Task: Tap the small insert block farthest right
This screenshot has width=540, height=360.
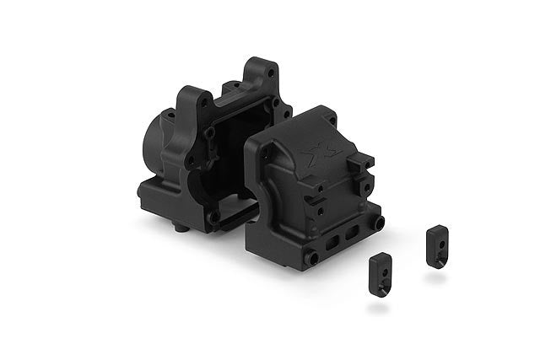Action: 436,246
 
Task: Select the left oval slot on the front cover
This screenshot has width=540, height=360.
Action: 328,243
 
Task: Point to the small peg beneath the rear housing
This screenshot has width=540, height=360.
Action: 179,228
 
